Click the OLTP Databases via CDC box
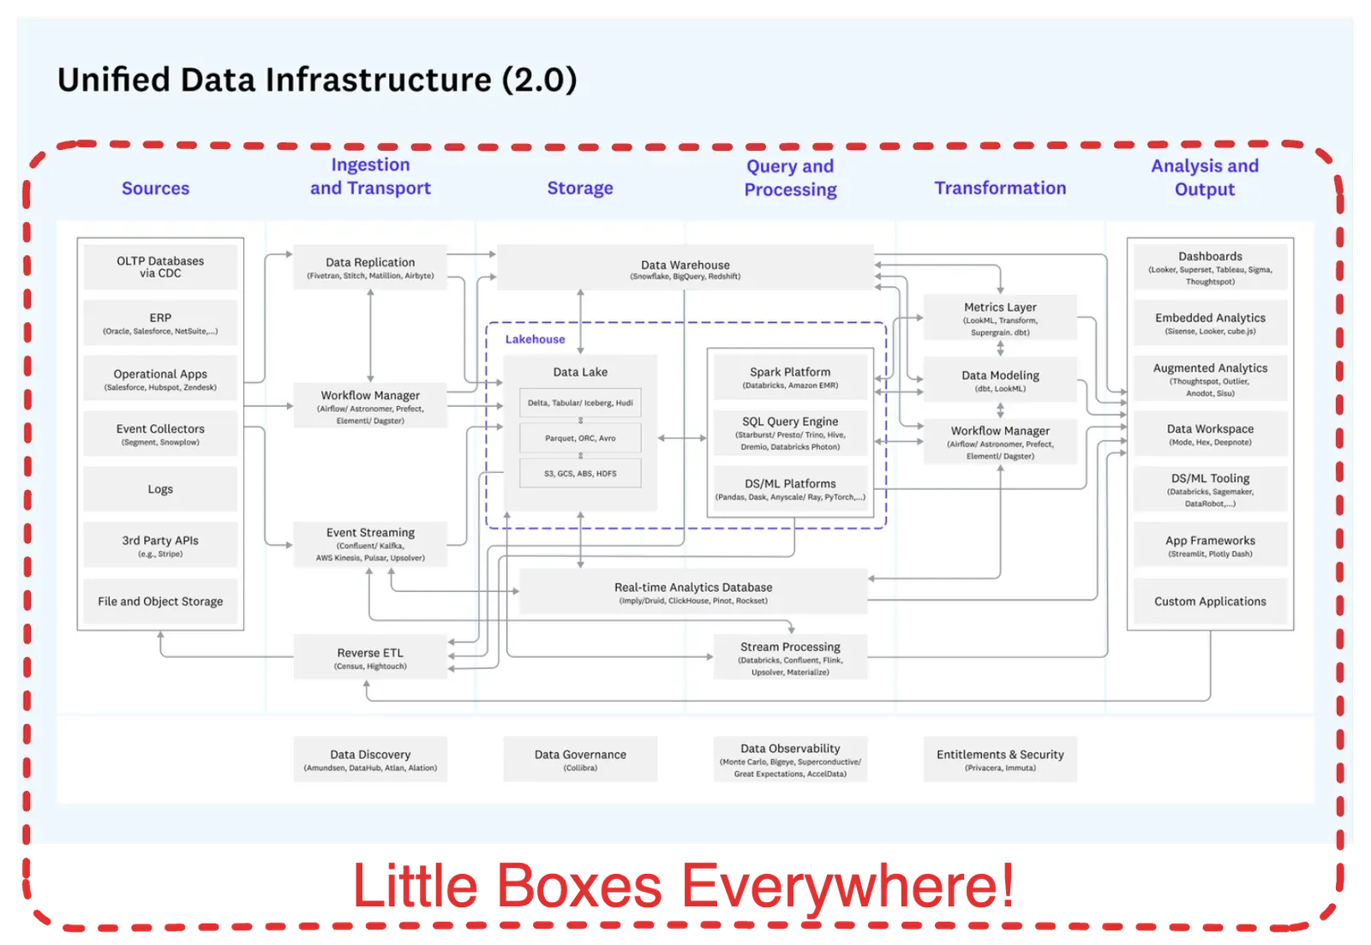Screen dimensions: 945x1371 160,267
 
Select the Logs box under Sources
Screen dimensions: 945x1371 160,489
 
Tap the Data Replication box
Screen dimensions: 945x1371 370,267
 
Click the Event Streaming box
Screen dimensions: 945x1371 370,544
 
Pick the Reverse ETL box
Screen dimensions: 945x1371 370,657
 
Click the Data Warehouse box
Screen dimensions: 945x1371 685,268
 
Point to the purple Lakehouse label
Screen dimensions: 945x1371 535,339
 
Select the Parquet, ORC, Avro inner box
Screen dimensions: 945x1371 580,438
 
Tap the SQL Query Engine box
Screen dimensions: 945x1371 790,433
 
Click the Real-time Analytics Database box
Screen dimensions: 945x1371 693,592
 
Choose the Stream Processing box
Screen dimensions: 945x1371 790,657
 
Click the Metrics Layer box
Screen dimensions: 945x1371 1000,318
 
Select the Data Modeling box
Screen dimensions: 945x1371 1000,380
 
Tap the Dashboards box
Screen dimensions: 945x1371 1210,267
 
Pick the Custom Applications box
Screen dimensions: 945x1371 1210,601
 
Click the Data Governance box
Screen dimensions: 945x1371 580,759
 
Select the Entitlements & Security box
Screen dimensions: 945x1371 1000,759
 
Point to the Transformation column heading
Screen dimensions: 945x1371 1000,188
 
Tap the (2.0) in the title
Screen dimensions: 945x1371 539,80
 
